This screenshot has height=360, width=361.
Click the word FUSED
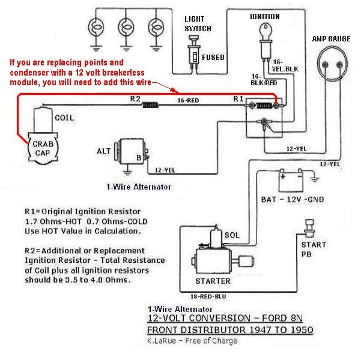pos(213,58)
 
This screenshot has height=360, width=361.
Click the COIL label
pos(64,118)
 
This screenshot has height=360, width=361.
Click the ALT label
pos(103,151)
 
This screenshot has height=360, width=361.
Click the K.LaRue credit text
pos(192,341)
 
